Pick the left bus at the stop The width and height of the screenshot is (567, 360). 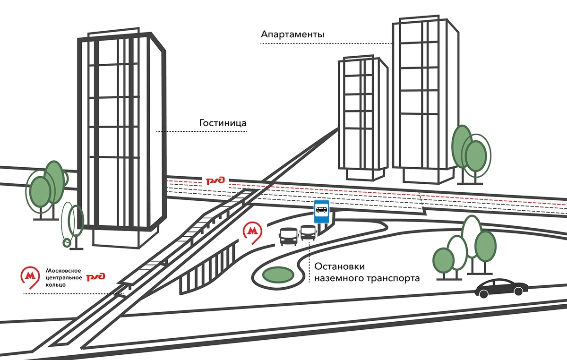288,236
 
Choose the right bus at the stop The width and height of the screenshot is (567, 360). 308,233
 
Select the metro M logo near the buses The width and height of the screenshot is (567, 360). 253,233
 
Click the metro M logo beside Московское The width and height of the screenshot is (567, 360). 31,277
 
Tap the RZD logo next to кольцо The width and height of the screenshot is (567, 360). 96,277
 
